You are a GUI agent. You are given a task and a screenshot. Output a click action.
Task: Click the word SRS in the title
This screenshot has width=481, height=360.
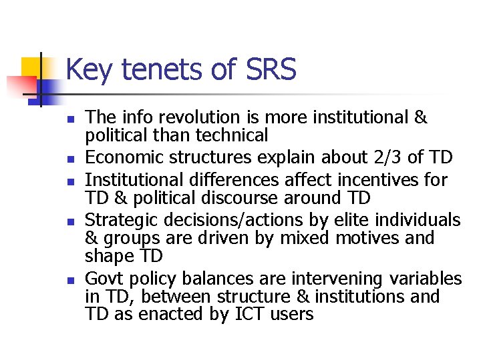tap(270, 70)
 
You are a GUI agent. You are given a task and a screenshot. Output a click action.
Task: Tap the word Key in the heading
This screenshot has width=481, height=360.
tap(89, 70)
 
